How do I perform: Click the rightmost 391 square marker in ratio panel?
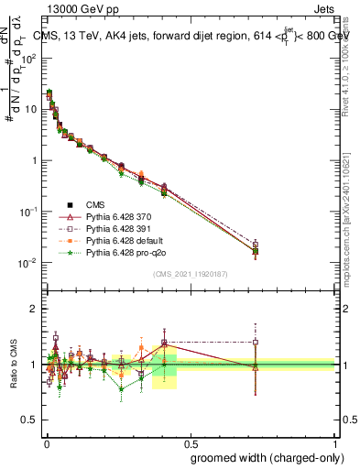(255, 343)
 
